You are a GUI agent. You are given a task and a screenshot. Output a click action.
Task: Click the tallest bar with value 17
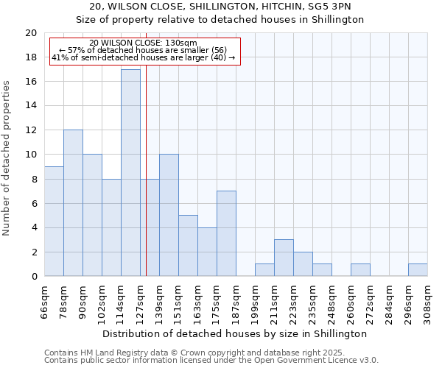tap(130, 173)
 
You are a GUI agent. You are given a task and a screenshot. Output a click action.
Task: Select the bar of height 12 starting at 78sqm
tap(73, 203)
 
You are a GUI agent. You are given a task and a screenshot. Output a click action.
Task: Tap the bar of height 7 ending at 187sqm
tap(226, 233)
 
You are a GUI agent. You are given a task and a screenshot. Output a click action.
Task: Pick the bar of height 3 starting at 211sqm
tap(284, 258)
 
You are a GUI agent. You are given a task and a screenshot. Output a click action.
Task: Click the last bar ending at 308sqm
tap(418, 270)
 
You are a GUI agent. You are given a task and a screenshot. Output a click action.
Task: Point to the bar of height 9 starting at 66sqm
tap(54, 221)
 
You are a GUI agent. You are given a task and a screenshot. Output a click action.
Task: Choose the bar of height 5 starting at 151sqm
tap(188, 246)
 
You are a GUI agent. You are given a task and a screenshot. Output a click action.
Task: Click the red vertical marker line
tap(146, 184)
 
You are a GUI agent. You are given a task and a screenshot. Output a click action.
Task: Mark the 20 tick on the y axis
tap(31, 33)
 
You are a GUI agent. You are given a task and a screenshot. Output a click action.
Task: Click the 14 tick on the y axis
tap(31, 106)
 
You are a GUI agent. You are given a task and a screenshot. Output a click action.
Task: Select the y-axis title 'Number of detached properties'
tap(7, 158)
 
